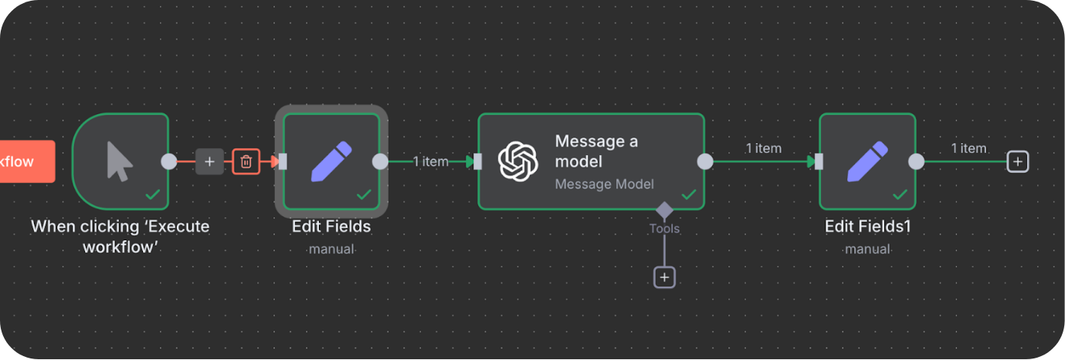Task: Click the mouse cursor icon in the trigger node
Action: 120,161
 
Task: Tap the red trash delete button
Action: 246,161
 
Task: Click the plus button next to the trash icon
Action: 209,161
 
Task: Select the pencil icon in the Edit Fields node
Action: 331,161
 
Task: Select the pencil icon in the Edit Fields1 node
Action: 867,161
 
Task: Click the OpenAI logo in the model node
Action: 517,161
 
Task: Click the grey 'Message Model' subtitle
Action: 605,184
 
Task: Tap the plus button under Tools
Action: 664,277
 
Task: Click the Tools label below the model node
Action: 664,229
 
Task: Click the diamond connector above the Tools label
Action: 664,210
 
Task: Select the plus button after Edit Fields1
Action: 1018,161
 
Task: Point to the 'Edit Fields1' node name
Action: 867,227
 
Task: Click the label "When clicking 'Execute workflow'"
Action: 120,236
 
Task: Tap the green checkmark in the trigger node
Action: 153,195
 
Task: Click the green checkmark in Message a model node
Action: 689,195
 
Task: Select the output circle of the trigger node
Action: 168,161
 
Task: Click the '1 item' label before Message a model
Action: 430,161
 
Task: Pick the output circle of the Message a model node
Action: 705,161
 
